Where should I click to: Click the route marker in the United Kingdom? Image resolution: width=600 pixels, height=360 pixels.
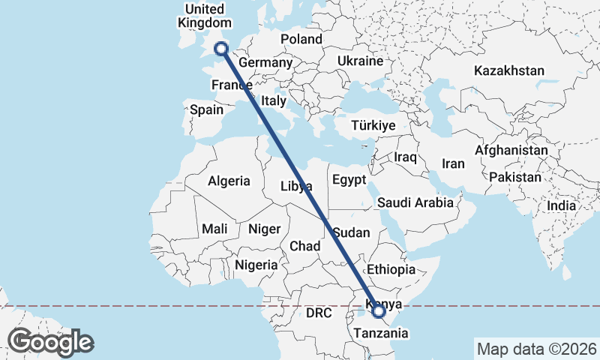point(221,49)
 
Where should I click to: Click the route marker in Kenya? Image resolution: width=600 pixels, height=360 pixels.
point(379,310)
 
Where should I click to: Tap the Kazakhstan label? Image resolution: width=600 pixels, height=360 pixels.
point(508,70)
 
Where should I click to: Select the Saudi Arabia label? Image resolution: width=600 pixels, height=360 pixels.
point(415,202)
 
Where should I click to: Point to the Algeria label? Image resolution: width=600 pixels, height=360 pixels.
point(229,181)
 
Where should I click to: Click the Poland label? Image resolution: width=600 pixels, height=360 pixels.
point(301,39)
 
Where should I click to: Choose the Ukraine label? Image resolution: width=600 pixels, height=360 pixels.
point(361,61)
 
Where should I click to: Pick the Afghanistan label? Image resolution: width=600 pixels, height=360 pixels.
point(511,150)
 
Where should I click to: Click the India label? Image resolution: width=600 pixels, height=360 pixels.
point(561,205)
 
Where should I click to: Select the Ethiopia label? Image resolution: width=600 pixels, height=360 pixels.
point(390,269)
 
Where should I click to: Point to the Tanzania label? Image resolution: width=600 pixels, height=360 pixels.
point(379,332)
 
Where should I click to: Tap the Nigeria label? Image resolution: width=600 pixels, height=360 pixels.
point(256,265)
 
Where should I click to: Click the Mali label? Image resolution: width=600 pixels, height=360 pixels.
point(214,229)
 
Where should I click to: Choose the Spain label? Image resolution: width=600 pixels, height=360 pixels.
point(206,109)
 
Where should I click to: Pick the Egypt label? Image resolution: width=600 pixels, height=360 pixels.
point(349,180)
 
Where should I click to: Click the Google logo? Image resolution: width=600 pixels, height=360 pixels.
point(51,342)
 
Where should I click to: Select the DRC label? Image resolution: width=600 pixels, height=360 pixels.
point(318,312)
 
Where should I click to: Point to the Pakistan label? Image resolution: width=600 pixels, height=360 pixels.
point(514,178)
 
